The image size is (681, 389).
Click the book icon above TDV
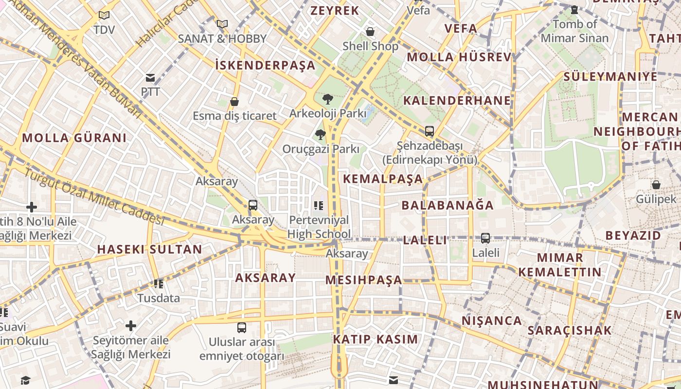(104, 15)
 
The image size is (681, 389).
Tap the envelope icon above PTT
(150, 78)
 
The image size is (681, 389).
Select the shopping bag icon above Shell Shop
(370, 32)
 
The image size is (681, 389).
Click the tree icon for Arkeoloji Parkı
(328, 99)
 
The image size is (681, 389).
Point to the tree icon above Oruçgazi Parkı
(320, 135)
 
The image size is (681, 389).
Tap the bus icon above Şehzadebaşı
(430, 131)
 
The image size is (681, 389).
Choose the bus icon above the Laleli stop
(485, 238)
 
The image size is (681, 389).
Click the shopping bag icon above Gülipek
(656, 185)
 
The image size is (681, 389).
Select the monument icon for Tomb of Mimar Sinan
(574, 10)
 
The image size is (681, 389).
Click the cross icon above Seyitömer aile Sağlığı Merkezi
(131, 326)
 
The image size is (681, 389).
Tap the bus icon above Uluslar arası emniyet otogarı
(242, 327)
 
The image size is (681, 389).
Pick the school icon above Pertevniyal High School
(319, 206)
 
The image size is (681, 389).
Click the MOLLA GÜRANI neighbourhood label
(74, 138)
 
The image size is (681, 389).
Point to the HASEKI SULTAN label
(149, 249)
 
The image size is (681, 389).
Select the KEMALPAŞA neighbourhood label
(383, 178)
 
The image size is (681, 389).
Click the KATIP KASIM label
(375, 339)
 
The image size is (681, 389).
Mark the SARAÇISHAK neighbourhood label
(570, 331)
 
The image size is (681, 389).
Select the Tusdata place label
(159, 298)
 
